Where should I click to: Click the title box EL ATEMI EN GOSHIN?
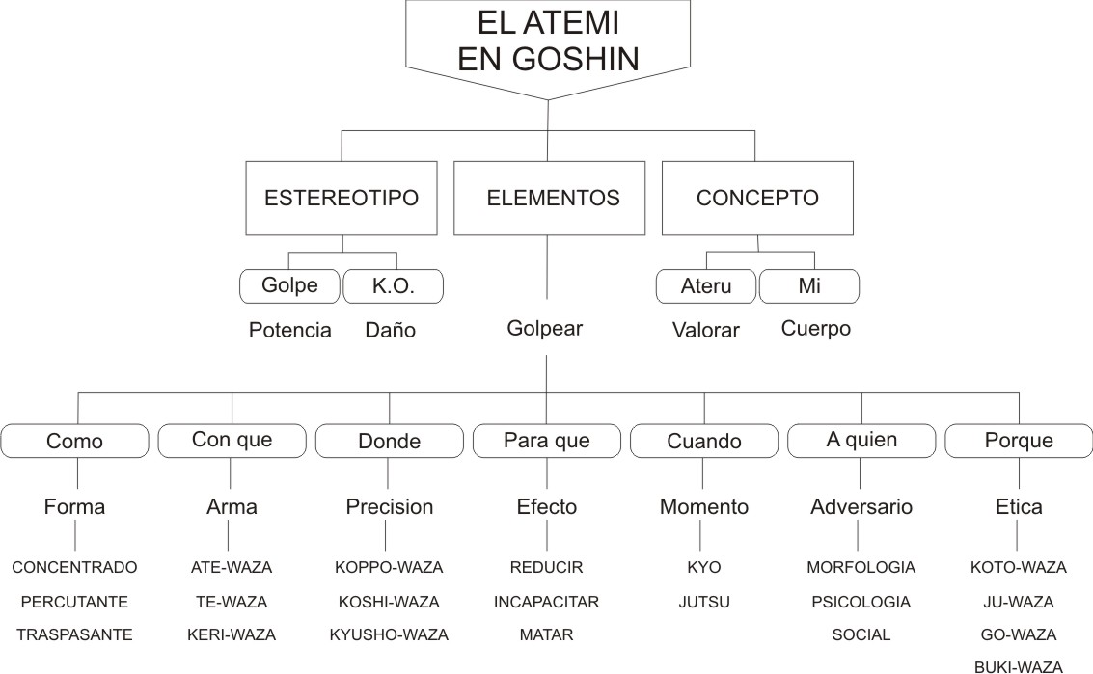point(548,41)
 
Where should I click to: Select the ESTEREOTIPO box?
point(342,198)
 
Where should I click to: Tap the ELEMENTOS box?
point(549,198)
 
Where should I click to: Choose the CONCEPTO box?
point(757,198)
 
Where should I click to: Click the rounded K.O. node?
point(394,285)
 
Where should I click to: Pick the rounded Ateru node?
point(706,285)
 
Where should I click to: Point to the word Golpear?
point(544,328)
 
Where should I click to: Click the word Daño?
point(391,330)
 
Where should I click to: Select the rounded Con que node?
point(232,441)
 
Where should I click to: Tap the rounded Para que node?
point(546,441)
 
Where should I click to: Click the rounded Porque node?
point(1019,441)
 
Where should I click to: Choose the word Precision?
point(390,507)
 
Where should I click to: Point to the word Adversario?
point(861,507)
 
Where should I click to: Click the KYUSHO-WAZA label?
point(389,635)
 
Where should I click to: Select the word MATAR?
point(546,635)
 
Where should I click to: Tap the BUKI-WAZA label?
point(1019,667)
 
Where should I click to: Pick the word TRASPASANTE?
point(74,635)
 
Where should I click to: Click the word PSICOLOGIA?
point(861,602)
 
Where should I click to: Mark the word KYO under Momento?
point(704,567)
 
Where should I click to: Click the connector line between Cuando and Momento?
point(702,473)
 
